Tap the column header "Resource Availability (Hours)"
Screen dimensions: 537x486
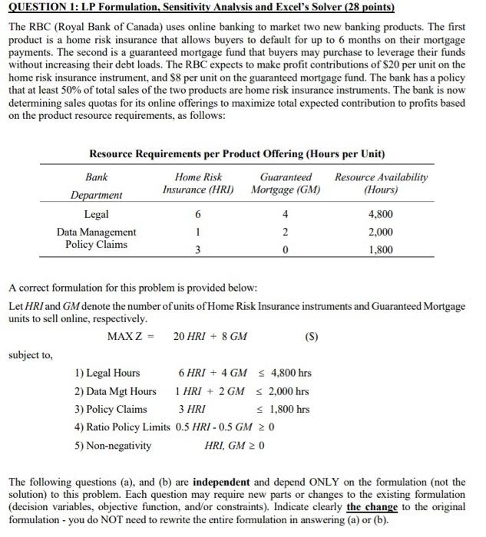point(382,183)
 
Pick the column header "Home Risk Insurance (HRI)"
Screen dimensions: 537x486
point(198,183)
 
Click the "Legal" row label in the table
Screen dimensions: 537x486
point(96,214)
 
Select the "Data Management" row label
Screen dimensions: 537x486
point(96,232)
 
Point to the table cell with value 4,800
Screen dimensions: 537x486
point(382,215)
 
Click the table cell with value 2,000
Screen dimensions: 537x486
point(382,232)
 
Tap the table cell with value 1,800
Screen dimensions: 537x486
point(382,250)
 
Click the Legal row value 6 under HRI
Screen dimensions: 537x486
point(198,215)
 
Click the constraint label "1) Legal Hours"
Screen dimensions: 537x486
point(107,374)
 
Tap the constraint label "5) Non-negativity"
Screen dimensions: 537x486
point(113,445)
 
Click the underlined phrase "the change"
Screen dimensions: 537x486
point(372,507)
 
